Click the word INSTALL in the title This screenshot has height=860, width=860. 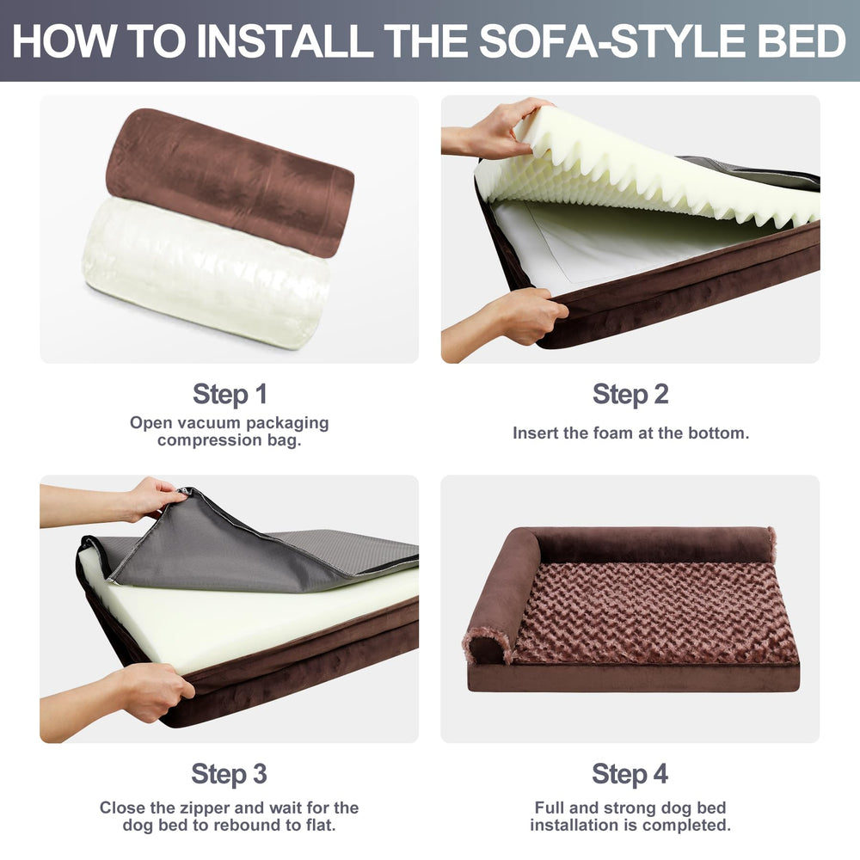click(x=286, y=40)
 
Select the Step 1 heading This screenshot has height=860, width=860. click(x=230, y=394)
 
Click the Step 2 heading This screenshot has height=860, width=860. click(x=630, y=394)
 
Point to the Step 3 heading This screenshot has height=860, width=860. click(x=230, y=774)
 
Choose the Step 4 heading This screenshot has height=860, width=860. click(x=630, y=774)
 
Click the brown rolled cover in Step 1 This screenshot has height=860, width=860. click(x=230, y=181)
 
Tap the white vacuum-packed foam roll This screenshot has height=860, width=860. click(x=206, y=273)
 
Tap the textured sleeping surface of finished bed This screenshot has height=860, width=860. click(x=655, y=614)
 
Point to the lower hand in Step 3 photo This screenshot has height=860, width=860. click(x=120, y=697)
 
